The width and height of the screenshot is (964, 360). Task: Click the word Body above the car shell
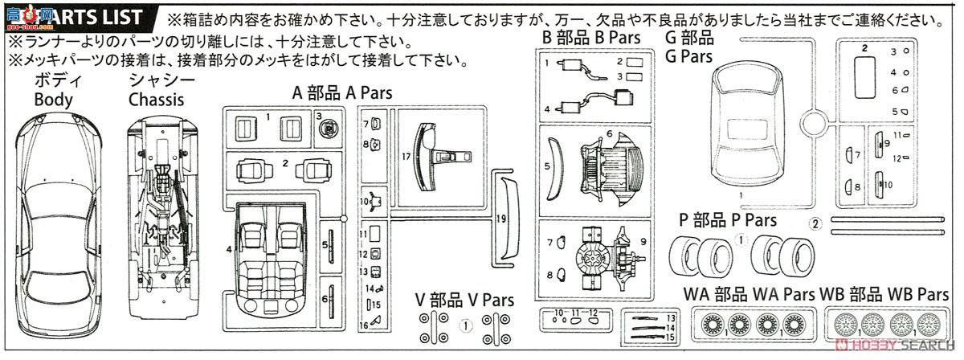pyautogui.click(x=53, y=100)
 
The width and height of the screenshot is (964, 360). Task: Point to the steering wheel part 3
pyautogui.click(x=329, y=126)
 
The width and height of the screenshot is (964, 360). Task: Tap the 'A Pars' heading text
pyautogui.click(x=368, y=93)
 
